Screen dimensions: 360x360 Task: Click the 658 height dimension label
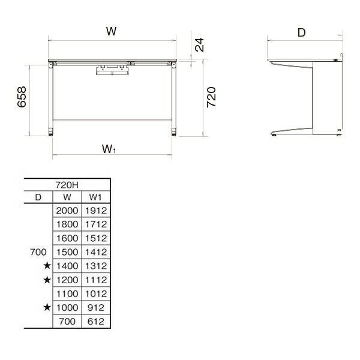[x=22, y=97]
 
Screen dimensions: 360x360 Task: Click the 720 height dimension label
[x=211, y=97]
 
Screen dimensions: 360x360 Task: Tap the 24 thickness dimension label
[x=199, y=45]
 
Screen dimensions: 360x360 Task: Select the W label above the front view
[x=112, y=31]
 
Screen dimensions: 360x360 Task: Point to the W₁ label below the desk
[x=109, y=149]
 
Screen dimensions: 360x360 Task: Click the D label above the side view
[x=301, y=32]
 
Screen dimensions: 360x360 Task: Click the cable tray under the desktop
[x=113, y=70]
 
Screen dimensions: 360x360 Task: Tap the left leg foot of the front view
[x=51, y=132]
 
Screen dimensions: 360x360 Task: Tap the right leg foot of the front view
[x=174, y=132]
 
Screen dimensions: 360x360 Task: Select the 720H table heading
[x=67, y=185]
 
